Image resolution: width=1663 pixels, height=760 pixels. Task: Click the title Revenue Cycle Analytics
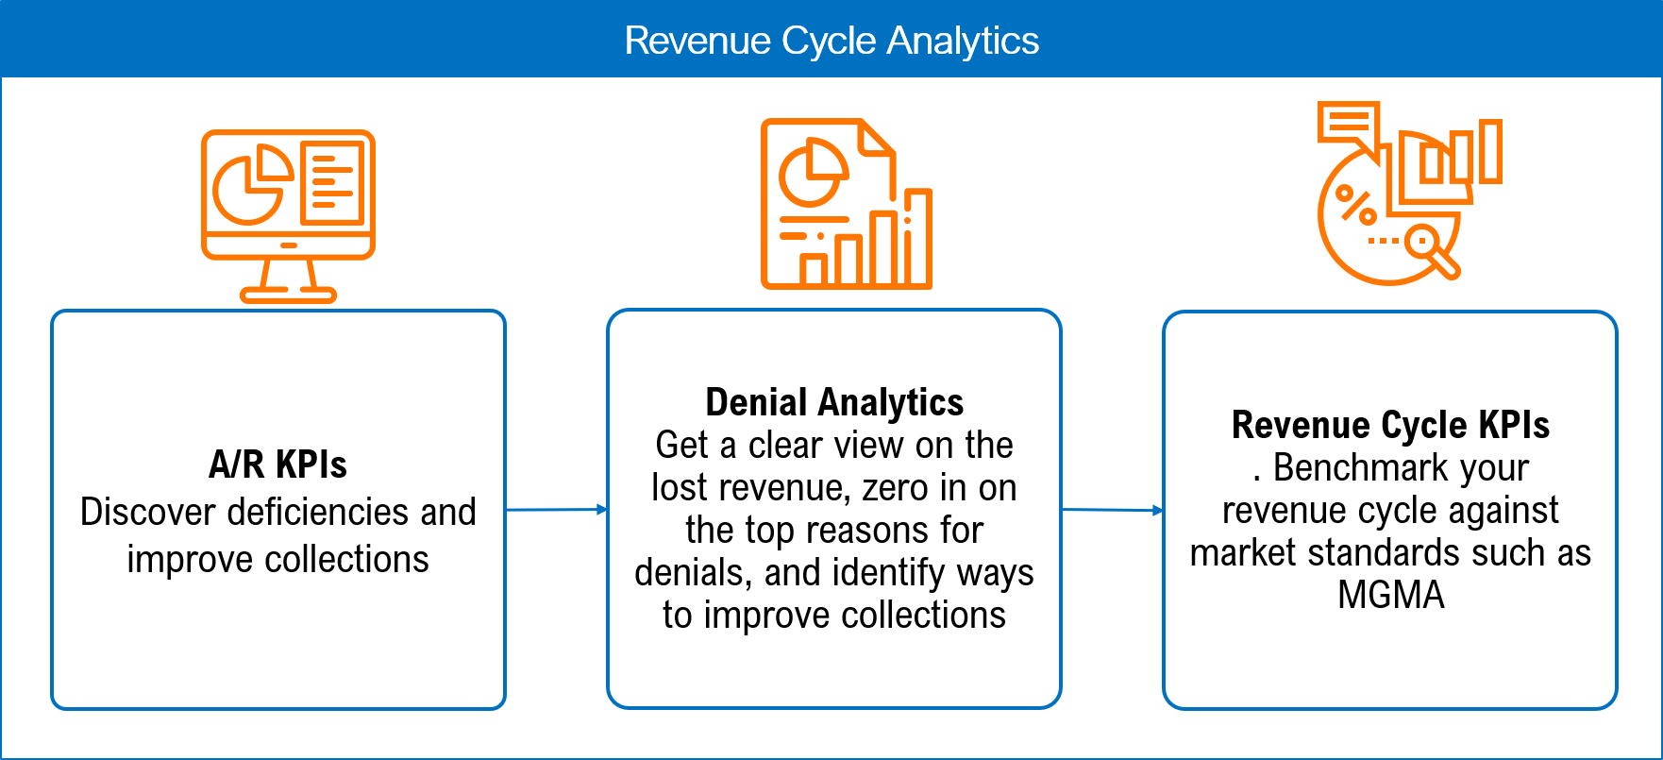831,41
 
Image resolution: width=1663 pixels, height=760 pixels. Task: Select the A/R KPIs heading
277,464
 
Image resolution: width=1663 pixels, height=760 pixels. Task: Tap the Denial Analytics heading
834,402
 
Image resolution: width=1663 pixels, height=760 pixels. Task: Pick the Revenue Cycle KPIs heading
1390,425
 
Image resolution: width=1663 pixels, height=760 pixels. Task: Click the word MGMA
1390,595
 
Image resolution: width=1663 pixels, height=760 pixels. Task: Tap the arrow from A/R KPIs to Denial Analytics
556,510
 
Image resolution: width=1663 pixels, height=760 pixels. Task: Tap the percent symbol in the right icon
1357,206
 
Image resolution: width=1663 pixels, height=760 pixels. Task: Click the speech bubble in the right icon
1348,124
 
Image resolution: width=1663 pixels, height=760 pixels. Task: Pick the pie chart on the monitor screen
249,185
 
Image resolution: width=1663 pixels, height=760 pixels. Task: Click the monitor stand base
288,295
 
